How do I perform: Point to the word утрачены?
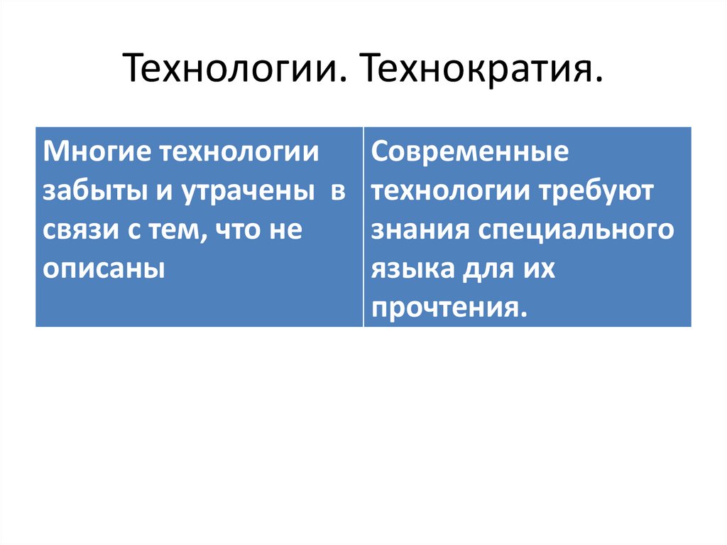click(x=245, y=192)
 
